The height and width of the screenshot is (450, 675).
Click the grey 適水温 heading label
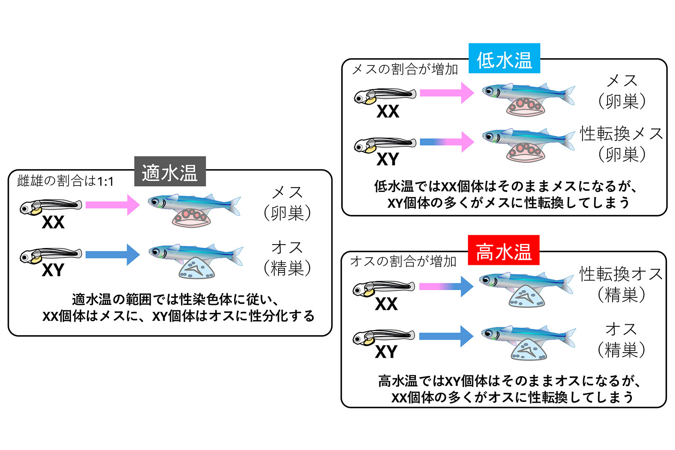coord(170,172)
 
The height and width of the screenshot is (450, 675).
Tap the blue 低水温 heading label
coord(504,59)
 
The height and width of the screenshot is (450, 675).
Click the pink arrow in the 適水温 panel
coord(112,205)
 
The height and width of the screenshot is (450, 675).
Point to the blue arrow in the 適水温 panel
coord(112,254)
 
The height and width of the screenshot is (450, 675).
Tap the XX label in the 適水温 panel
coord(53,222)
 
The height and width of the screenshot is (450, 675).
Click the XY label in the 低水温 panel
coord(388,159)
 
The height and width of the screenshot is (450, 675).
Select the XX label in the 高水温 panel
coord(386,304)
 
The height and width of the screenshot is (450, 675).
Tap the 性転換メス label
coord(621,134)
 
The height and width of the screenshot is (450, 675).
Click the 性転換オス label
coord(621,274)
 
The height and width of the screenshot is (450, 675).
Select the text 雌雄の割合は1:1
coord(65,181)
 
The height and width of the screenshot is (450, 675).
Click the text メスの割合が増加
coord(405,69)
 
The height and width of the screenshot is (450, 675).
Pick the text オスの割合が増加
coord(403,261)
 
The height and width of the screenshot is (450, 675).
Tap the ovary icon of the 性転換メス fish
coord(526,152)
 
